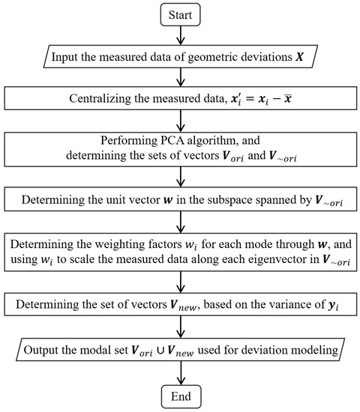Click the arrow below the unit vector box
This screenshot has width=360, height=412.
click(179, 224)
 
